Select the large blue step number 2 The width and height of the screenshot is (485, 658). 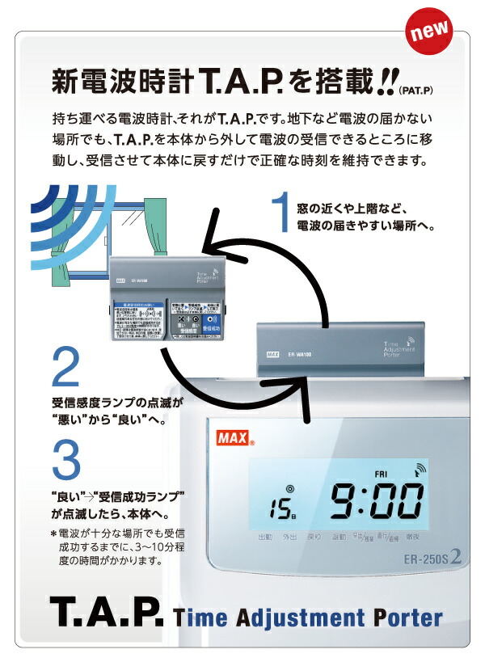pos(65,367)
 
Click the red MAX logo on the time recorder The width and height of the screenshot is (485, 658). pos(234,441)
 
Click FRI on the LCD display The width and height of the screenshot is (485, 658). pos(382,475)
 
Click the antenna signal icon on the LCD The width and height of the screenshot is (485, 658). pos(420,468)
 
